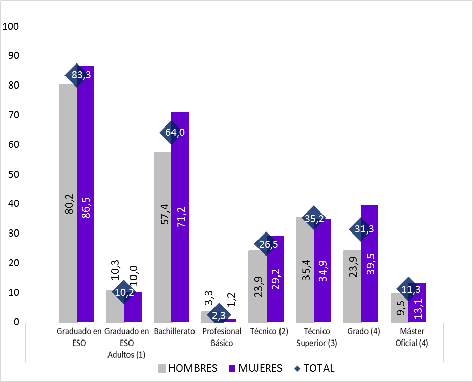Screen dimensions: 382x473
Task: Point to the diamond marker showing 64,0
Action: point(172,133)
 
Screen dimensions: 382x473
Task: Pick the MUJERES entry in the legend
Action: point(255,368)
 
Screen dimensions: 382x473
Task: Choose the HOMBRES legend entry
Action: point(187,368)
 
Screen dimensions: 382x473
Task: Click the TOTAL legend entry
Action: point(314,368)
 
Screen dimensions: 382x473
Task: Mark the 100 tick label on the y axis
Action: point(11,26)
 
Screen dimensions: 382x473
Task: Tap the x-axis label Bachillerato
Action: point(175,331)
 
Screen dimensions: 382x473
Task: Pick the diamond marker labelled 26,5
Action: point(267,244)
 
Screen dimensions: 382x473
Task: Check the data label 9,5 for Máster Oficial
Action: point(400,310)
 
